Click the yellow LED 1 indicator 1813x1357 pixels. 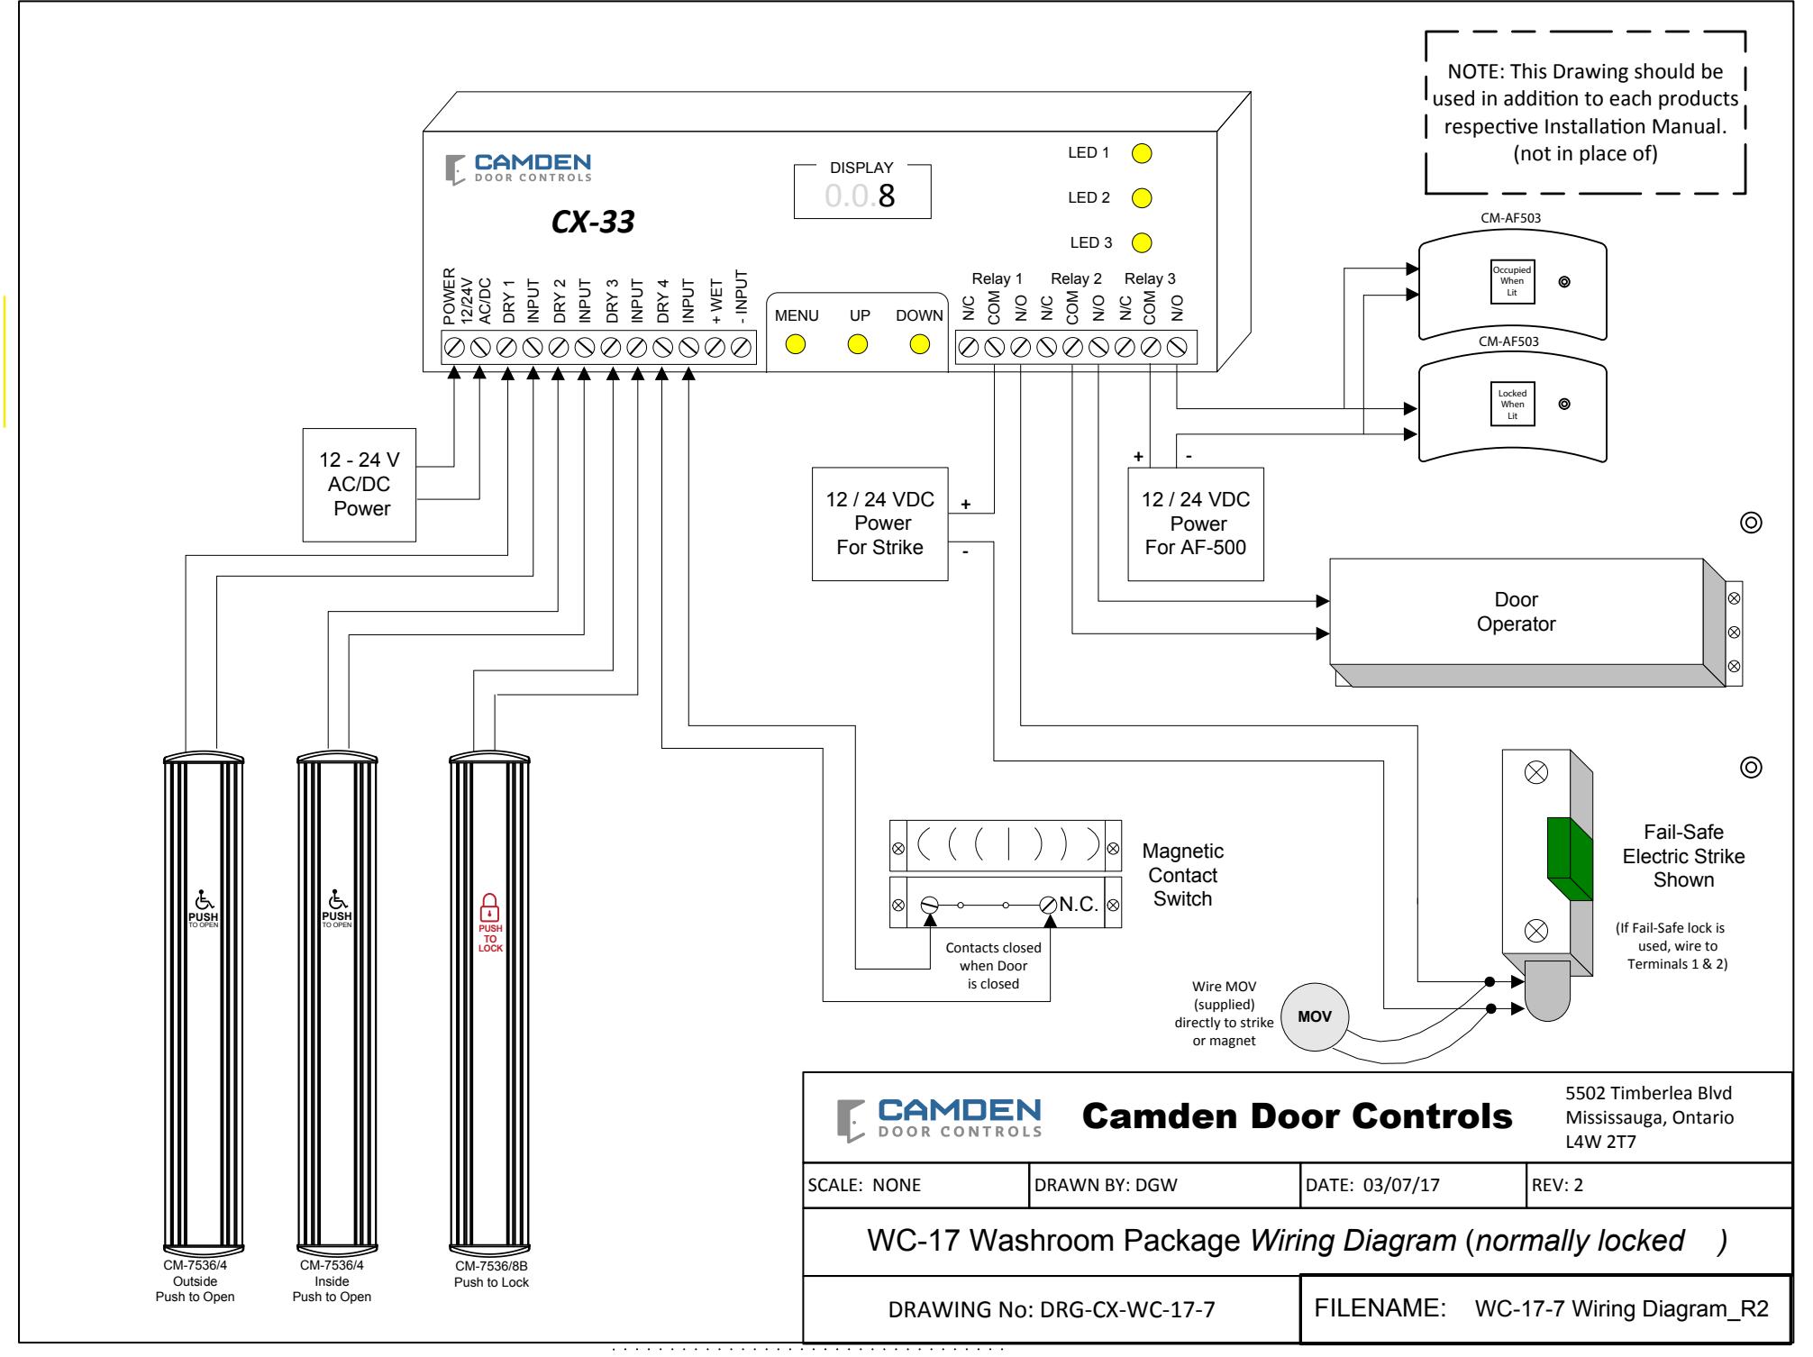tap(1142, 153)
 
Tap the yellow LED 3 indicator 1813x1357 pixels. tap(1142, 242)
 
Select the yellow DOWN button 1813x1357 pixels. tap(920, 344)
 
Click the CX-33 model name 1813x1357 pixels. tap(593, 222)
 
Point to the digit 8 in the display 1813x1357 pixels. tap(887, 196)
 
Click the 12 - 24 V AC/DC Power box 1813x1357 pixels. tap(360, 485)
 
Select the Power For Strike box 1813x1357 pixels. tap(880, 524)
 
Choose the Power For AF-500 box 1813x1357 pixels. tap(1196, 524)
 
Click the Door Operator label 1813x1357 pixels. tap(1517, 612)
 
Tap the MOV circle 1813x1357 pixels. tap(1315, 1016)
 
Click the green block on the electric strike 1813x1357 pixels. tap(1570, 860)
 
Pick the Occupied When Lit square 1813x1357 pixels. tap(1512, 281)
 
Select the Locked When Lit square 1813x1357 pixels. tap(1512, 405)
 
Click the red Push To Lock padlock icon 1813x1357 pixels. tap(490, 906)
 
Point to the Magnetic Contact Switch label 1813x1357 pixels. tap(1183, 875)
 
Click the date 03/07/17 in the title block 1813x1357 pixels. tap(1401, 1185)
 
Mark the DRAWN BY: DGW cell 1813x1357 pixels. tap(1162, 1185)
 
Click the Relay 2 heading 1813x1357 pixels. tap(1076, 279)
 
